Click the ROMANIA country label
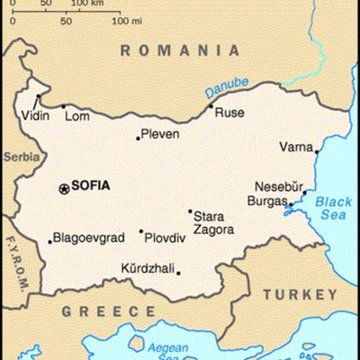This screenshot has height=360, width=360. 180,51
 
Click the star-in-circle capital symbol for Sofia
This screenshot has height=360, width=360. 63,187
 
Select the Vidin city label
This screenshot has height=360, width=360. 33,118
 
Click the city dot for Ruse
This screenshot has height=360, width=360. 211,107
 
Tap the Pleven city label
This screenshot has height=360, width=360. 161,135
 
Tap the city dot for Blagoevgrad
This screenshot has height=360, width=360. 49,241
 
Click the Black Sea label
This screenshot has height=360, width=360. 336,210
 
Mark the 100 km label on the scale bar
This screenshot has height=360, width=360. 87,4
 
